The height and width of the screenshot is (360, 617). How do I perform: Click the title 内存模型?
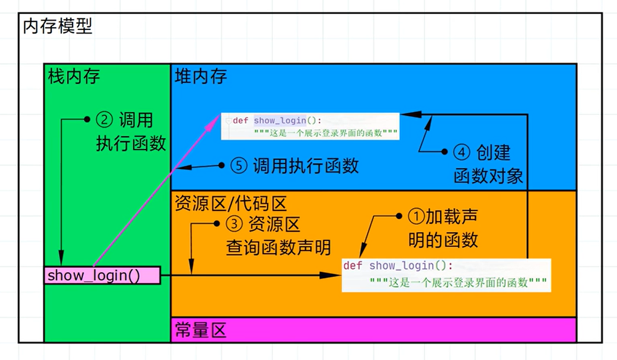pyautogui.click(x=58, y=26)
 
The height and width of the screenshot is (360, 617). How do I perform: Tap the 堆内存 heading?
pyautogui.click(x=201, y=76)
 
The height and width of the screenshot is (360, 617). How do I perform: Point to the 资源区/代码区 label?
pyautogui.click(x=231, y=203)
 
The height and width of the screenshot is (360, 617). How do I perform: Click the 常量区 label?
pyautogui.click(x=201, y=331)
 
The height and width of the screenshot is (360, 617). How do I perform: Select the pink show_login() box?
pyautogui.click(x=102, y=276)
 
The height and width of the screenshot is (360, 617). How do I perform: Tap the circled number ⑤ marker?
pyautogui.click(x=239, y=166)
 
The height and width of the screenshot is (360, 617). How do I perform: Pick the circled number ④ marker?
pyautogui.click(x=462, y=152)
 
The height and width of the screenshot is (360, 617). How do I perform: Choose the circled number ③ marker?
pyautogui.click(x=235, y=224)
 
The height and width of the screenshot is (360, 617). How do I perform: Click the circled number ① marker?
pyautogui.click(x=416, y=216)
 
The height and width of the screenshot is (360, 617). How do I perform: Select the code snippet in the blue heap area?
pyautogui.click(x=310, y=126)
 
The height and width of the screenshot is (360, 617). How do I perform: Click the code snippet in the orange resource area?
pyautogui.click(x=446, y=275)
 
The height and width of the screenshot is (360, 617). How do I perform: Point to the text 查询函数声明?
pyautogui.click(x=278, y=247)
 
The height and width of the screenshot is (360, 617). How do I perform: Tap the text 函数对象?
pyautogui.click(x=488, y=177)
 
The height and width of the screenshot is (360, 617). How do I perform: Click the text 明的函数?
pyautogui.click(x=443, y=240)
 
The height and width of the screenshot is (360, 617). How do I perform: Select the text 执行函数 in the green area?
pyautogui.click(x=131, y=144)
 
